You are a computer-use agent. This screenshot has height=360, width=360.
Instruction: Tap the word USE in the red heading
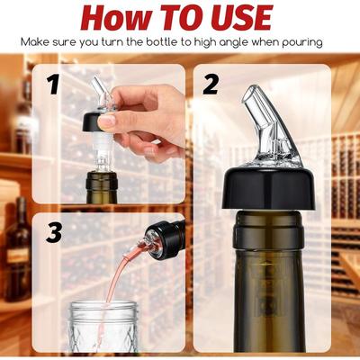(x=238, y=17)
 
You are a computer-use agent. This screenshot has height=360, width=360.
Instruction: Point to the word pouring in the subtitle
(x=302, y=43)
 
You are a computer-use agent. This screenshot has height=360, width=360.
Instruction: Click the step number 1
(x=54, y=85)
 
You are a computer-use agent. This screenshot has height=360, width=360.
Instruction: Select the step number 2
(x=211, y=85)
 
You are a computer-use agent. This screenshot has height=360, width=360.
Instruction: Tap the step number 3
(x=54, y=232)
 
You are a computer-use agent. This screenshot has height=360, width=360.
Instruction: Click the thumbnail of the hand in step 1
(x=142, y=120)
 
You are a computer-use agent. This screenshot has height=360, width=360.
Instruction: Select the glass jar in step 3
(x=103, y=326)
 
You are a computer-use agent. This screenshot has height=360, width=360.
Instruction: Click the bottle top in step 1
(x=102, y=187)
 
